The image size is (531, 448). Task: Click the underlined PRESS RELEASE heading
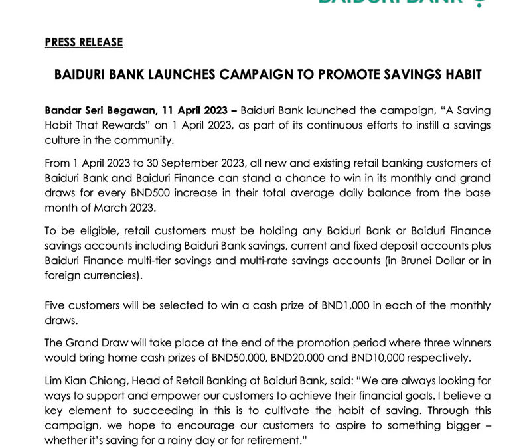pyautogui.click(x=84, y=42)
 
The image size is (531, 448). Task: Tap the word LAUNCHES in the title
pyautogui.click(x=173, y=75)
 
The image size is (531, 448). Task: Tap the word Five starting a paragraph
pyautogui.click(x=56, y=305)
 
